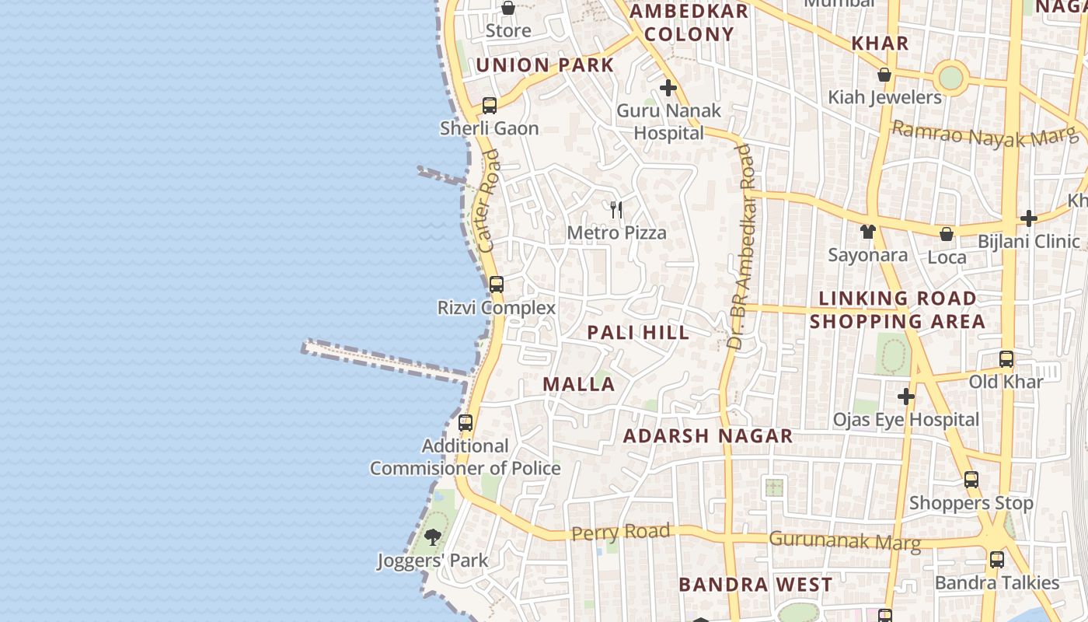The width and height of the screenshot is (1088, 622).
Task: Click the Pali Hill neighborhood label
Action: tap(638, 333)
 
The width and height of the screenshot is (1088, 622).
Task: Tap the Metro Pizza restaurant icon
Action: tap(616, 209)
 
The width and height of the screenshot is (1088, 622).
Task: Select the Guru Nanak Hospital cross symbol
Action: tap(668, 88)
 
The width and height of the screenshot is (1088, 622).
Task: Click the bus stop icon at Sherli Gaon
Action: tap(490, 106)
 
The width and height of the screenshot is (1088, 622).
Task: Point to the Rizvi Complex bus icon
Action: tap(497, 285)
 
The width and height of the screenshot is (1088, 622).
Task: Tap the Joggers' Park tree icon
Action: tap(433, 537)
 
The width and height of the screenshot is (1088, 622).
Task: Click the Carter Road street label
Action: tap(490, 201)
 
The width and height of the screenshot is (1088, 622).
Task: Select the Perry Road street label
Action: tap(620, 533)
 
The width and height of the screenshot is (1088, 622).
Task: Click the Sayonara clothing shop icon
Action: tap(868, 232)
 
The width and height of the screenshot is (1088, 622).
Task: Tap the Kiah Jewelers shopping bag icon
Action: tap(884, 75)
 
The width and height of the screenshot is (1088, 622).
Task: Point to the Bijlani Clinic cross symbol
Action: tap(1029, 218)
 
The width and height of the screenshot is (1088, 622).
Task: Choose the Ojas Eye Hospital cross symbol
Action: tap(906, 397)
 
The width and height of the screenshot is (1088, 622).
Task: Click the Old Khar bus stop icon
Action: tap(1006, 359)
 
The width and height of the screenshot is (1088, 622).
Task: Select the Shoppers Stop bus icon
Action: tap(971, 480)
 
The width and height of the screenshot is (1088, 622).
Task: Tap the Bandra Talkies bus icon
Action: tap(997, 560)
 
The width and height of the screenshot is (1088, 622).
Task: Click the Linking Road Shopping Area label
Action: tap(898, 309)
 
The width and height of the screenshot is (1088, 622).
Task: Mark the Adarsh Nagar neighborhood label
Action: tap(708, 436)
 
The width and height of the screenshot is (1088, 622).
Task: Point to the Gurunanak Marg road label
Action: tap(845, 540)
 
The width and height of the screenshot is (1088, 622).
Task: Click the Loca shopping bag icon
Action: tap(947, 234)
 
